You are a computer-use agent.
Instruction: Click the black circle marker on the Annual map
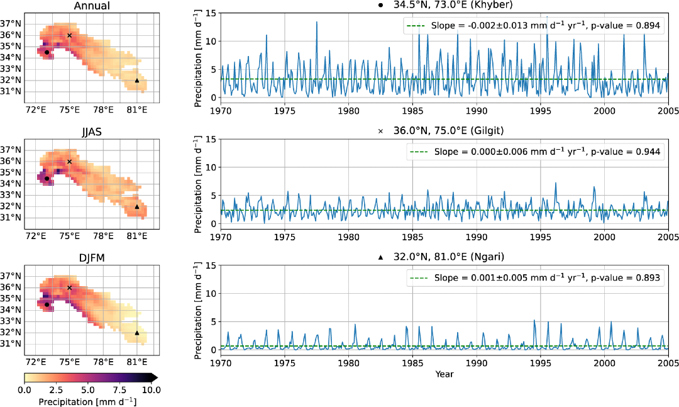[47, 52]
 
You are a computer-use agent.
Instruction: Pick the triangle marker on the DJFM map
[137, 333]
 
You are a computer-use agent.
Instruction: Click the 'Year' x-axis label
[444, 374]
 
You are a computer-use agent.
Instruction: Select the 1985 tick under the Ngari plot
[412, 363]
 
